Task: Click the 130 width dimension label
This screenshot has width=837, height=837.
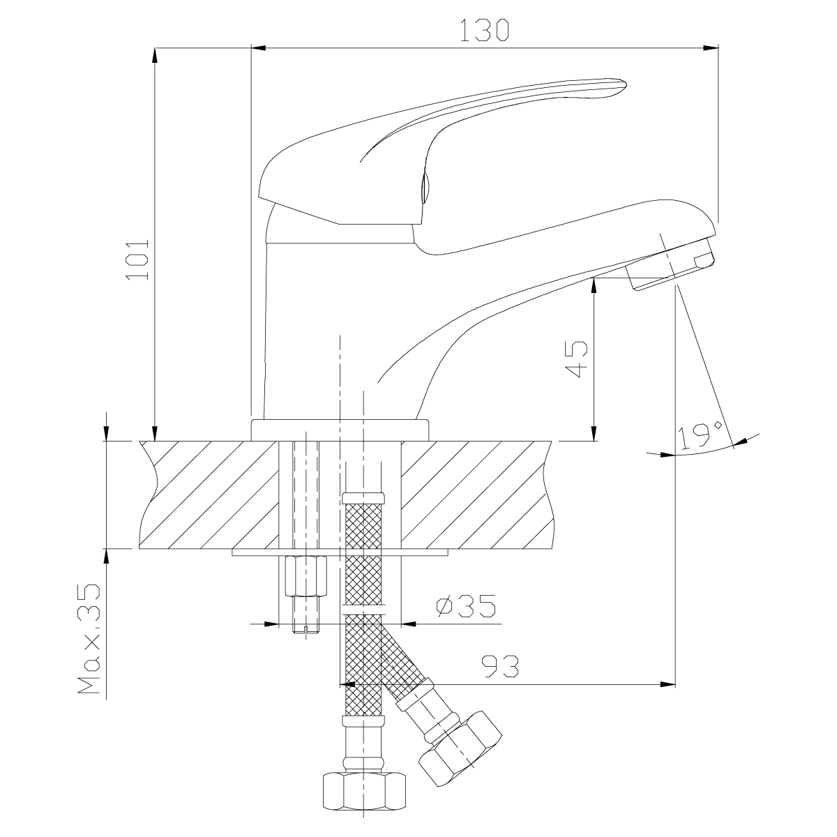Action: click(x=484, y=30)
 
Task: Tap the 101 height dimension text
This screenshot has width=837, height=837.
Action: click(x=137, y=259)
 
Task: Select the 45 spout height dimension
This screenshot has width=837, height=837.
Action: click(x=576, y=359)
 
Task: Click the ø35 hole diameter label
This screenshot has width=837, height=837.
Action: click(x=466, y=606)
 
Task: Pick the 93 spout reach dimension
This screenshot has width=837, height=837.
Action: click(x=500, y=666)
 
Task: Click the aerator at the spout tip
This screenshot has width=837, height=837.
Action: click(x=670, y=264)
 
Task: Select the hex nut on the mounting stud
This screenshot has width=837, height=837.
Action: click(x=306, y=576)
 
